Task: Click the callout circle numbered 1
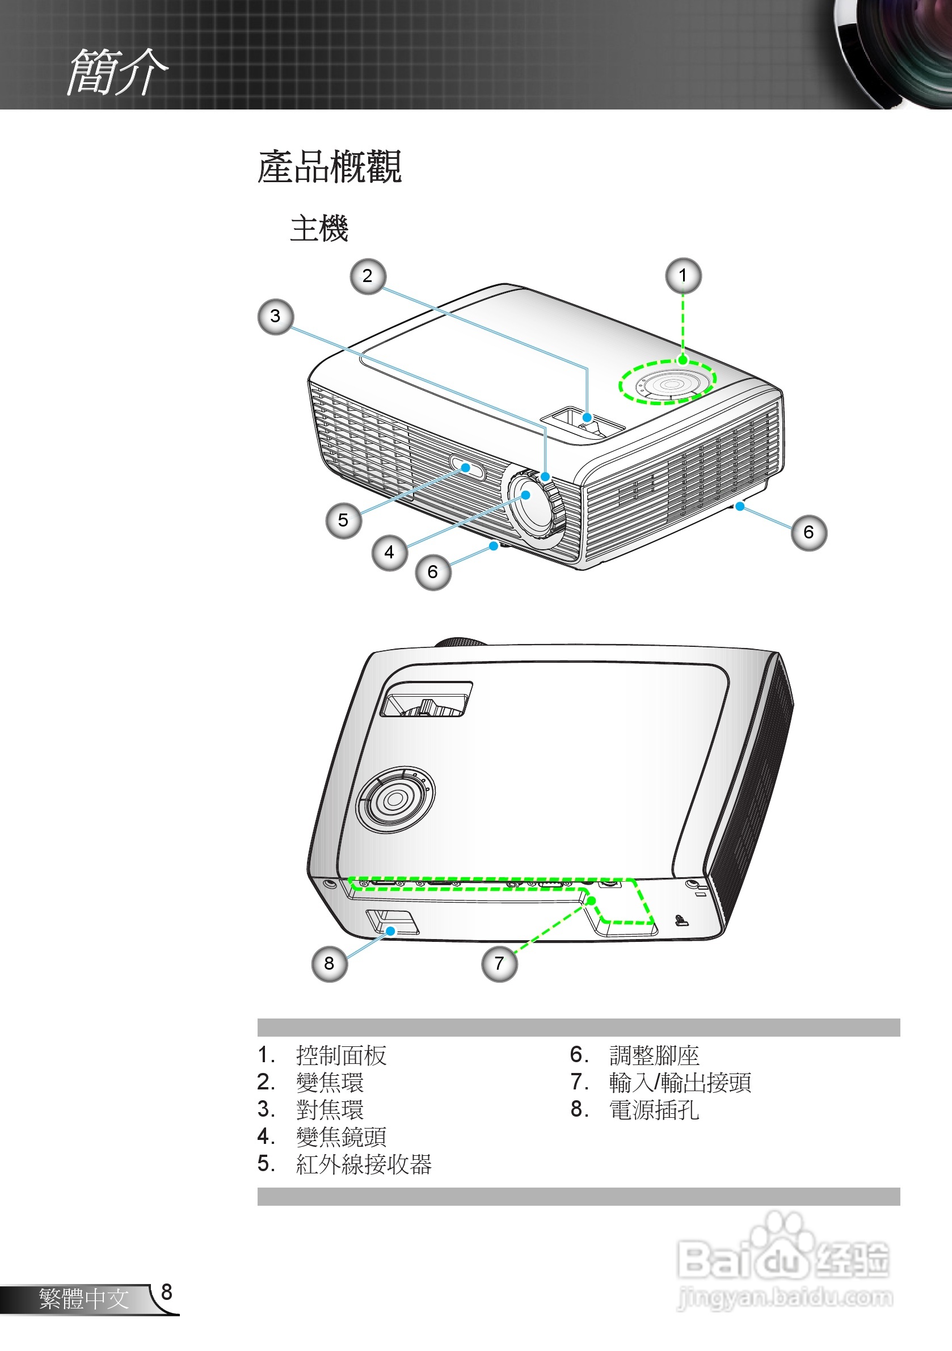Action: click(683, 275)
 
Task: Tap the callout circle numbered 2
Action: click(368, 276)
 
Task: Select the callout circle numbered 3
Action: click(275, 317)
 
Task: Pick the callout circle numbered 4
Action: click(390, 553)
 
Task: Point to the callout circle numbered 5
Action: click(343, 520)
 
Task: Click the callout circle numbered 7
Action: click(499, 963)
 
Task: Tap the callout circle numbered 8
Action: click(329, 963)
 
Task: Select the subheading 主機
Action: click(319, 228)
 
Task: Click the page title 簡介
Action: click(117, 72)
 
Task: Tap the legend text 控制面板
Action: click(342, 1055)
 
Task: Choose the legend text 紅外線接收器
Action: click(364, 1164)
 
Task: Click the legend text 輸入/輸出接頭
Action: click(680, 1082)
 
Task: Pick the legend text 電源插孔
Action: click(654, 1110)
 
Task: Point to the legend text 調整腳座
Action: click(654, 1055)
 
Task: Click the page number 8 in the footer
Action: click(166, 1291)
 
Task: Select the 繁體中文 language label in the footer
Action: click(83, 1299)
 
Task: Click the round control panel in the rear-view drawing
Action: click(395, 799)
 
